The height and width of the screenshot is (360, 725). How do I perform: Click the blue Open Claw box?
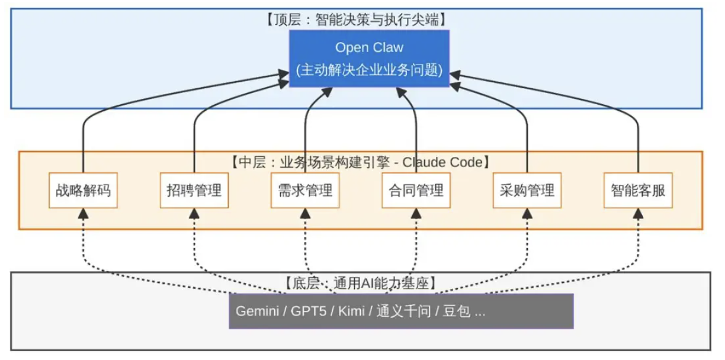369,58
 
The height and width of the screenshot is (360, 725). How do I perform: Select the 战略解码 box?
83,191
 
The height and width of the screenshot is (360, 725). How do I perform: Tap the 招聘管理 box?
194,191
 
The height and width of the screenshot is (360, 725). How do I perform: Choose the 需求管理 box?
305,191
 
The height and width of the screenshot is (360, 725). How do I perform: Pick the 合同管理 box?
416,191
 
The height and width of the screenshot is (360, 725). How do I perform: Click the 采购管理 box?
527,191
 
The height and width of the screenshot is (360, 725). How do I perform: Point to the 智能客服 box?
638,191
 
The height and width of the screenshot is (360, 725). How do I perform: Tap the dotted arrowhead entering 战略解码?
83,214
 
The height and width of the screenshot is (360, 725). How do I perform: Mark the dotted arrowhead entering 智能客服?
638,214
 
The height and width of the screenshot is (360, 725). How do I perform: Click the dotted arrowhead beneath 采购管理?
527,214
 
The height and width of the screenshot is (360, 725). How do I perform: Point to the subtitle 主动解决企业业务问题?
369,70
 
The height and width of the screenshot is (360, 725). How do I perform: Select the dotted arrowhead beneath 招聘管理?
194,214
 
